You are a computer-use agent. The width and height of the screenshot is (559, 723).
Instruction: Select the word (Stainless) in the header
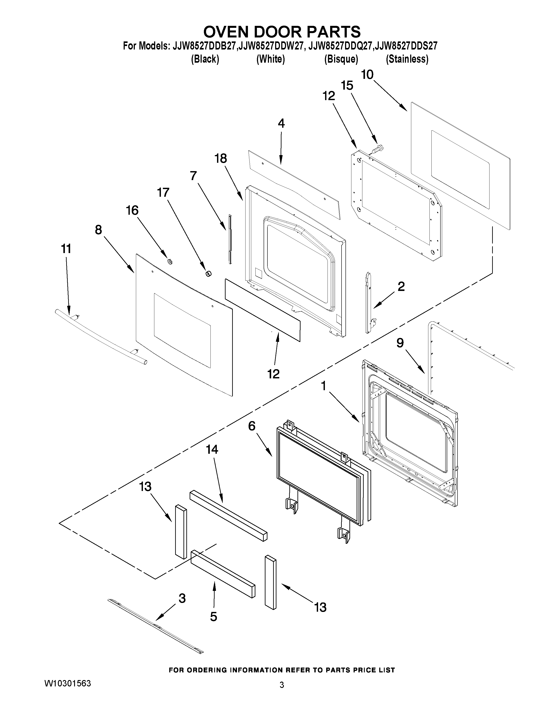[x=407, y=59]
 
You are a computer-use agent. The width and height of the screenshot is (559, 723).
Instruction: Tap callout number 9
[x=400, y=343]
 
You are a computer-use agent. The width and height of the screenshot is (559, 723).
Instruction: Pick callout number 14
[x=212, y=450]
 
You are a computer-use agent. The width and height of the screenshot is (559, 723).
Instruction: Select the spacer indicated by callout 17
[x=208, y=273]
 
